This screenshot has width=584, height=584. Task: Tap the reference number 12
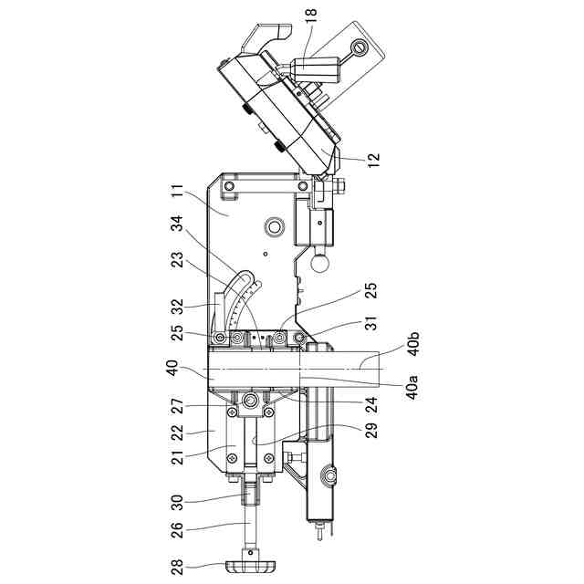[374, 159]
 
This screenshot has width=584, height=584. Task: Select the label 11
[178, 193]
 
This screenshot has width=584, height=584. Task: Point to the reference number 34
[178, 224]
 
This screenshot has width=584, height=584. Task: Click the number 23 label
[178, 260]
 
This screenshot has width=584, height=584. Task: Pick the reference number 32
[178, 307]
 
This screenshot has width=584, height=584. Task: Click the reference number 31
[371, 322]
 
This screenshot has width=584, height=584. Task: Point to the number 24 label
[371, 404]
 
